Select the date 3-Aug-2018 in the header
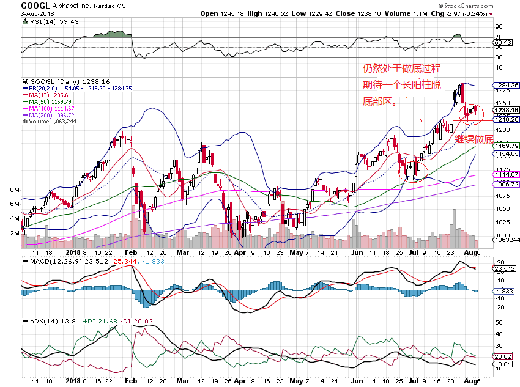point(37,13)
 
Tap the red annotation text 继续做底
point(474,139)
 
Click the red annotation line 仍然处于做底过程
point(402,68)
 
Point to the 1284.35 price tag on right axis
point(507,85)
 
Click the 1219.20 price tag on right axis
point(507,119)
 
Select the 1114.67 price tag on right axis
point(507,175)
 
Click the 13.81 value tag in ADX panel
point(502,364)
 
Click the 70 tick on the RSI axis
point(499,37)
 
